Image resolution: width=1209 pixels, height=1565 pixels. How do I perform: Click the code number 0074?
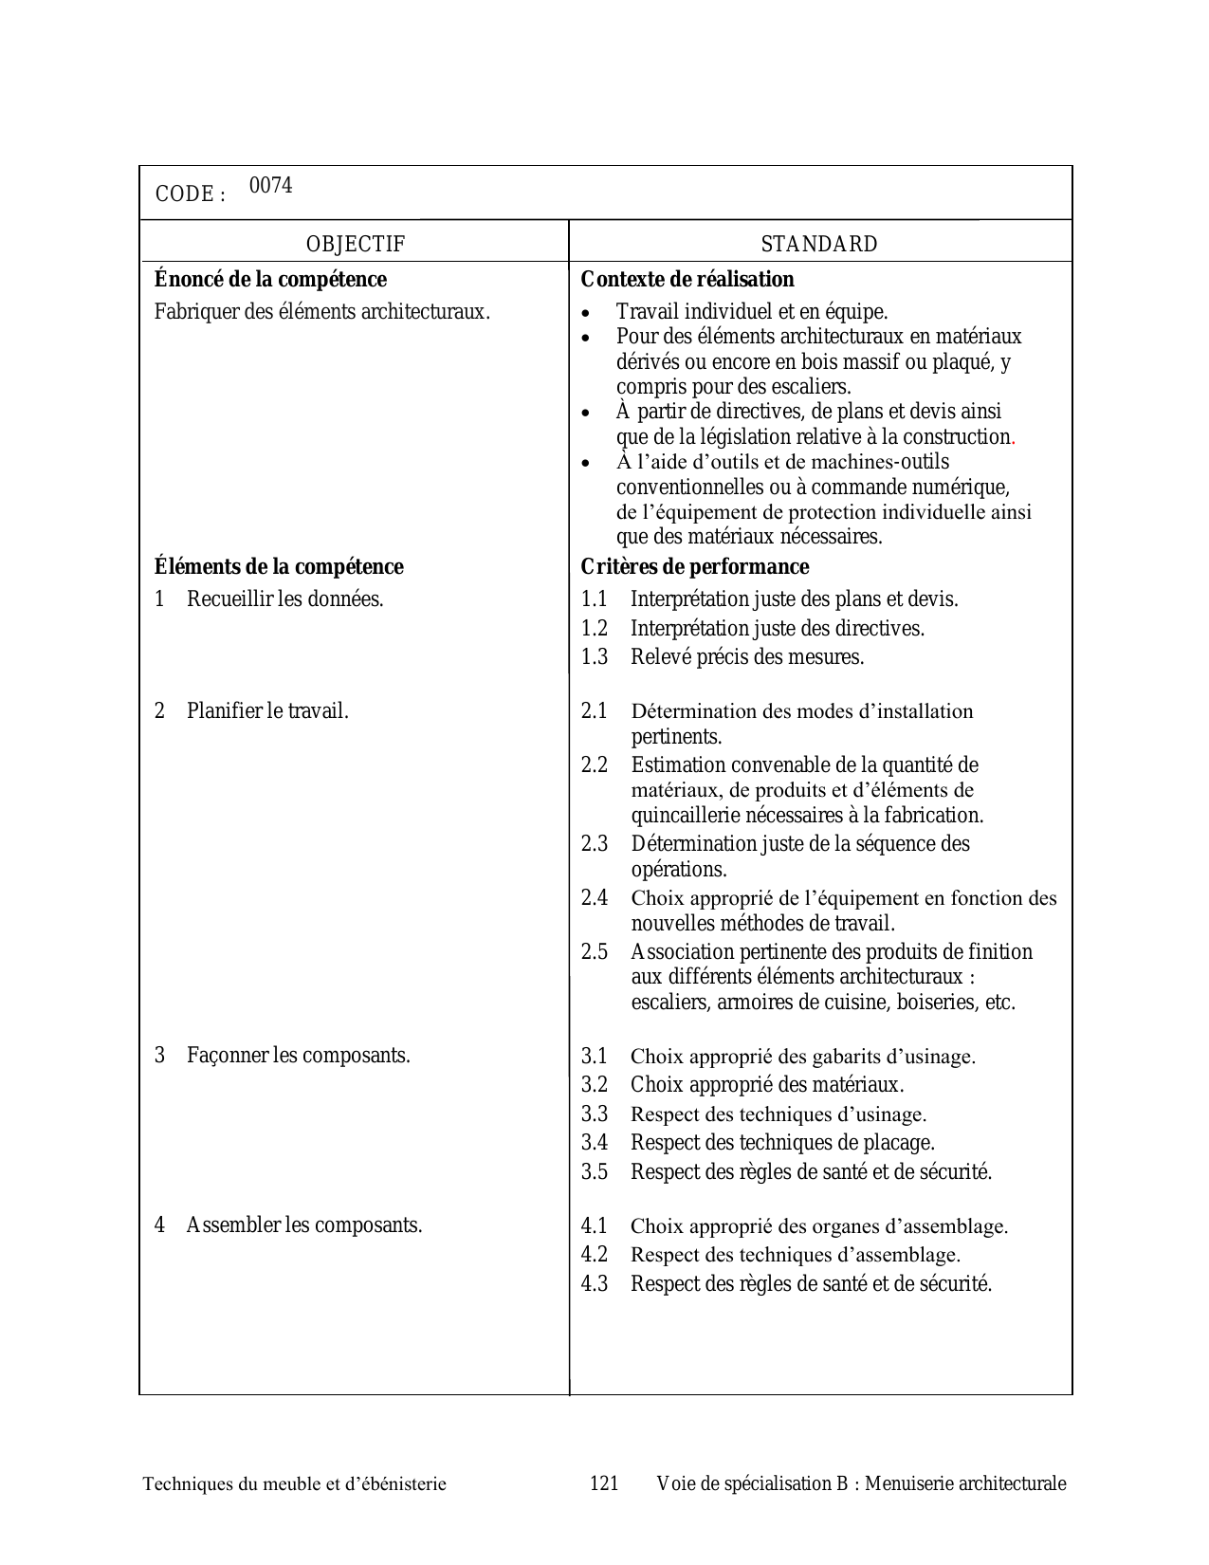coord(270,186)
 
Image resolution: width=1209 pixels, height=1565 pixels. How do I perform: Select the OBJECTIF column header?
coord(355,244)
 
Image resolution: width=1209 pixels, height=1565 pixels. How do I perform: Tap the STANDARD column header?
coord(819,244)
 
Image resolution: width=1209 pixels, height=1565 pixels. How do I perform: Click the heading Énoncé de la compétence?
coord(270,280)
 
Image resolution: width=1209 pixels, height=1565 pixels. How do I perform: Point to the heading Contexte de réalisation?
coord(687,280)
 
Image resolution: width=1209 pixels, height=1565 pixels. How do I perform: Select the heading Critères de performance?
coord(694,567)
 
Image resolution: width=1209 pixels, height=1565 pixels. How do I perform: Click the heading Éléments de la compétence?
coord(279,567)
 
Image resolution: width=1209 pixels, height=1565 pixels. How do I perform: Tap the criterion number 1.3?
coord(595,657)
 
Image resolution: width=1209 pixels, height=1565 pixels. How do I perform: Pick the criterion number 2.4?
coord(595,898)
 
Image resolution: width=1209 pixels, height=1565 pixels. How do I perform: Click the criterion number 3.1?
coord(595,1057)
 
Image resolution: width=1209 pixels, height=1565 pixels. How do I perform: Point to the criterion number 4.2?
coord(595,1255)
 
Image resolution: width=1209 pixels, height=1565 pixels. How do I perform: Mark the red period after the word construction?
coord(1014,441)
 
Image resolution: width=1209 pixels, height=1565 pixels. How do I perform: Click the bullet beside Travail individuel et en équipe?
coord(587,313)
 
